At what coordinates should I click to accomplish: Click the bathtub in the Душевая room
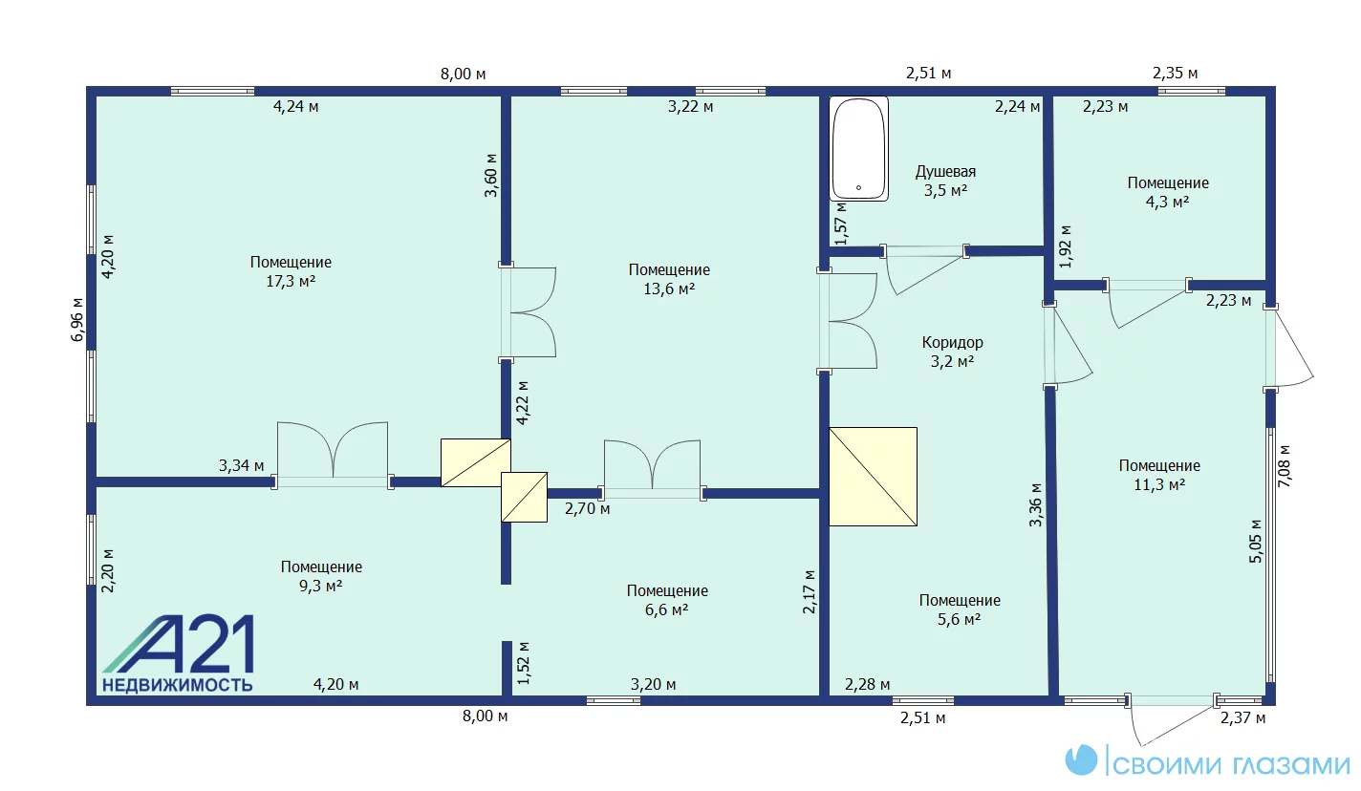point(858,148)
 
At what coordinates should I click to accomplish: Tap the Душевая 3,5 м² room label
point(945,182)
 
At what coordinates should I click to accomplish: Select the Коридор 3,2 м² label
point(952,352)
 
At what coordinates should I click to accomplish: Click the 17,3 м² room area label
point(291,271)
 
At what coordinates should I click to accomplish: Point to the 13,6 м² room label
point(669,279)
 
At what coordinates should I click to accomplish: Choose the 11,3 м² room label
point(1159,475)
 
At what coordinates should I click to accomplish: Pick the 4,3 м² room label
point(1168,192)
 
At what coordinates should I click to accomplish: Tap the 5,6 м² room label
point(960,609)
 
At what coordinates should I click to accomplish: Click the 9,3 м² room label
point(321,576)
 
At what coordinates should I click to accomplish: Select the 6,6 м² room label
point(667,600)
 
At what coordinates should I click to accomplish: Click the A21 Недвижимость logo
point(178,653)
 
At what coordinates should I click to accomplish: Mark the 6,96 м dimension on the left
point(77,320)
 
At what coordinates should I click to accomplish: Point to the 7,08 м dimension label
point(1285,466)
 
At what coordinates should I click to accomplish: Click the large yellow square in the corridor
point(874,477)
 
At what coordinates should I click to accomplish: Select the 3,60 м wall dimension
point(491,176)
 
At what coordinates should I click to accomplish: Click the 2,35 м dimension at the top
point(1175,74)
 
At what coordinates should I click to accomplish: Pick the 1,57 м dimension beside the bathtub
point(841,223)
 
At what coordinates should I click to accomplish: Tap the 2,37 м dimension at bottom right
point(1243,718)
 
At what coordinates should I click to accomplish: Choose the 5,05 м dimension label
point(1256,542)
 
